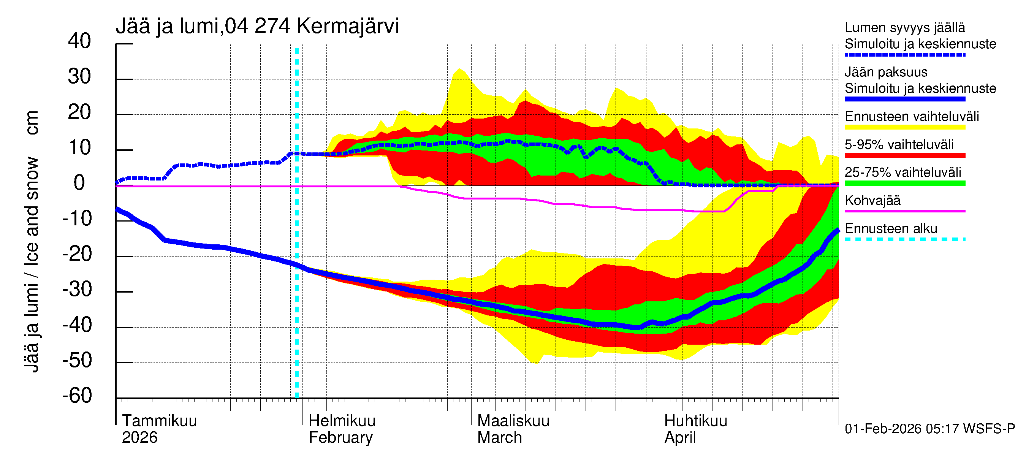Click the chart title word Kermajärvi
coord(347,26)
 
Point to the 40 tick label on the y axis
coord(79,41)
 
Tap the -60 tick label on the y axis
coord(77,396)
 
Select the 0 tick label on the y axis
coord(79,183)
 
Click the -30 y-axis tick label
coord(77,289)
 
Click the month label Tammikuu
coord(159,421)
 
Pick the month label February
coord(340,437)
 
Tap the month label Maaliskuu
coord(513,421)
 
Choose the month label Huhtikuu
coord(695,421)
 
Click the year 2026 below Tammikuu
coord(139,437)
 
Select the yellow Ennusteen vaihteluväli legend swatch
coord(904,127)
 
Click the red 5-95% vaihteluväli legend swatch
coord(904,155)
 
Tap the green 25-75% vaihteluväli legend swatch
coord(904,183)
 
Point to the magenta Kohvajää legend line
coord(904,211)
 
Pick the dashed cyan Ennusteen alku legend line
coord(904,239)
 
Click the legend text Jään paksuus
coord(886,72)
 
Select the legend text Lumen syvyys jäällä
coord(904,27)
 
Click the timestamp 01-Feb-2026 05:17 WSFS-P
coord(929,429)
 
